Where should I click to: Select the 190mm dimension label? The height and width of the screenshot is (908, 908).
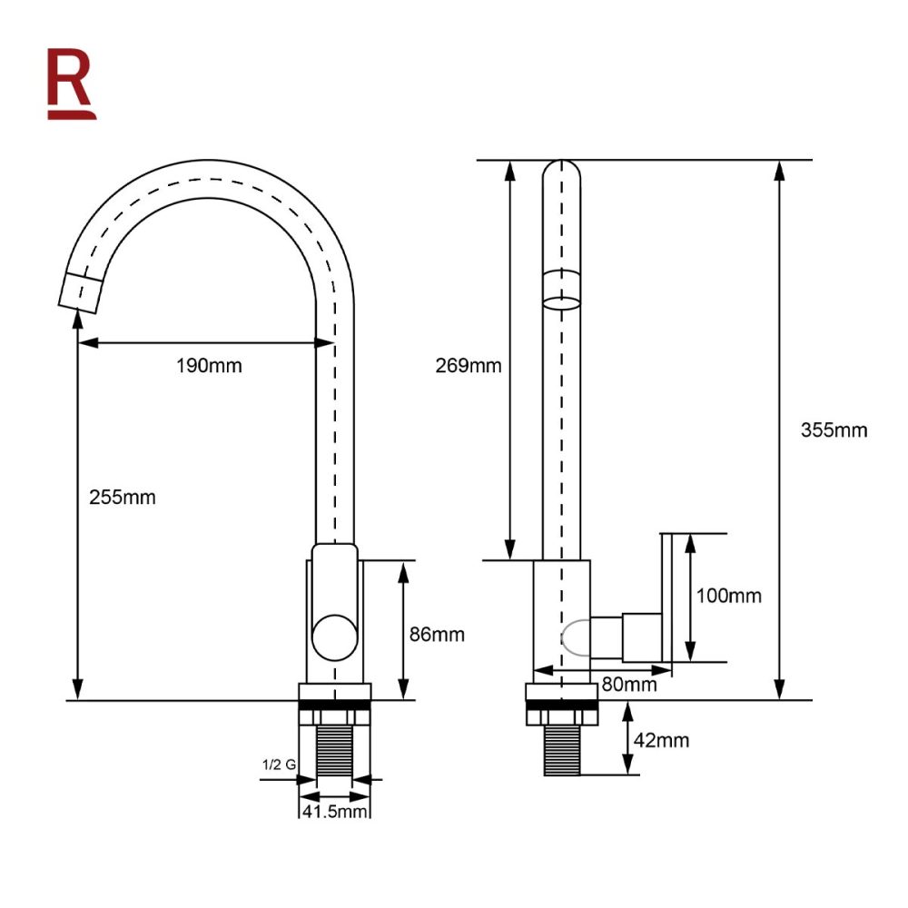point(209,366)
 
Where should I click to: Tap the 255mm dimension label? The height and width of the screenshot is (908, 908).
point(123,497)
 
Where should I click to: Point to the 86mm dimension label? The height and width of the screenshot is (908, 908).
point(436,634)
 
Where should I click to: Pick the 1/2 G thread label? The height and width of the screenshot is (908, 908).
point(278,765)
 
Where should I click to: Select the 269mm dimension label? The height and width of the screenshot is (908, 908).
point(468,366)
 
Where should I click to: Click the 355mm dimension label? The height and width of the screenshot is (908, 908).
point(834,429)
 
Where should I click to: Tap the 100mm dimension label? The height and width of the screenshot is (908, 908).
point(728,596)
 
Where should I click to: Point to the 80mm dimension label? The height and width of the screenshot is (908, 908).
point(628,685)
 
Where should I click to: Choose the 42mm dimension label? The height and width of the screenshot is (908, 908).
point(661,740)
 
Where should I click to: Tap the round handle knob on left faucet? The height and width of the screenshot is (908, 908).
point(334,636)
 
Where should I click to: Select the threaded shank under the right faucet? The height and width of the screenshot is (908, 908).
point(562,750)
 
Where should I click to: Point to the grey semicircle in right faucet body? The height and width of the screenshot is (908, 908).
point(575,637)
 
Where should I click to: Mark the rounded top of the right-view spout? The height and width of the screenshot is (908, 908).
point(562,173)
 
